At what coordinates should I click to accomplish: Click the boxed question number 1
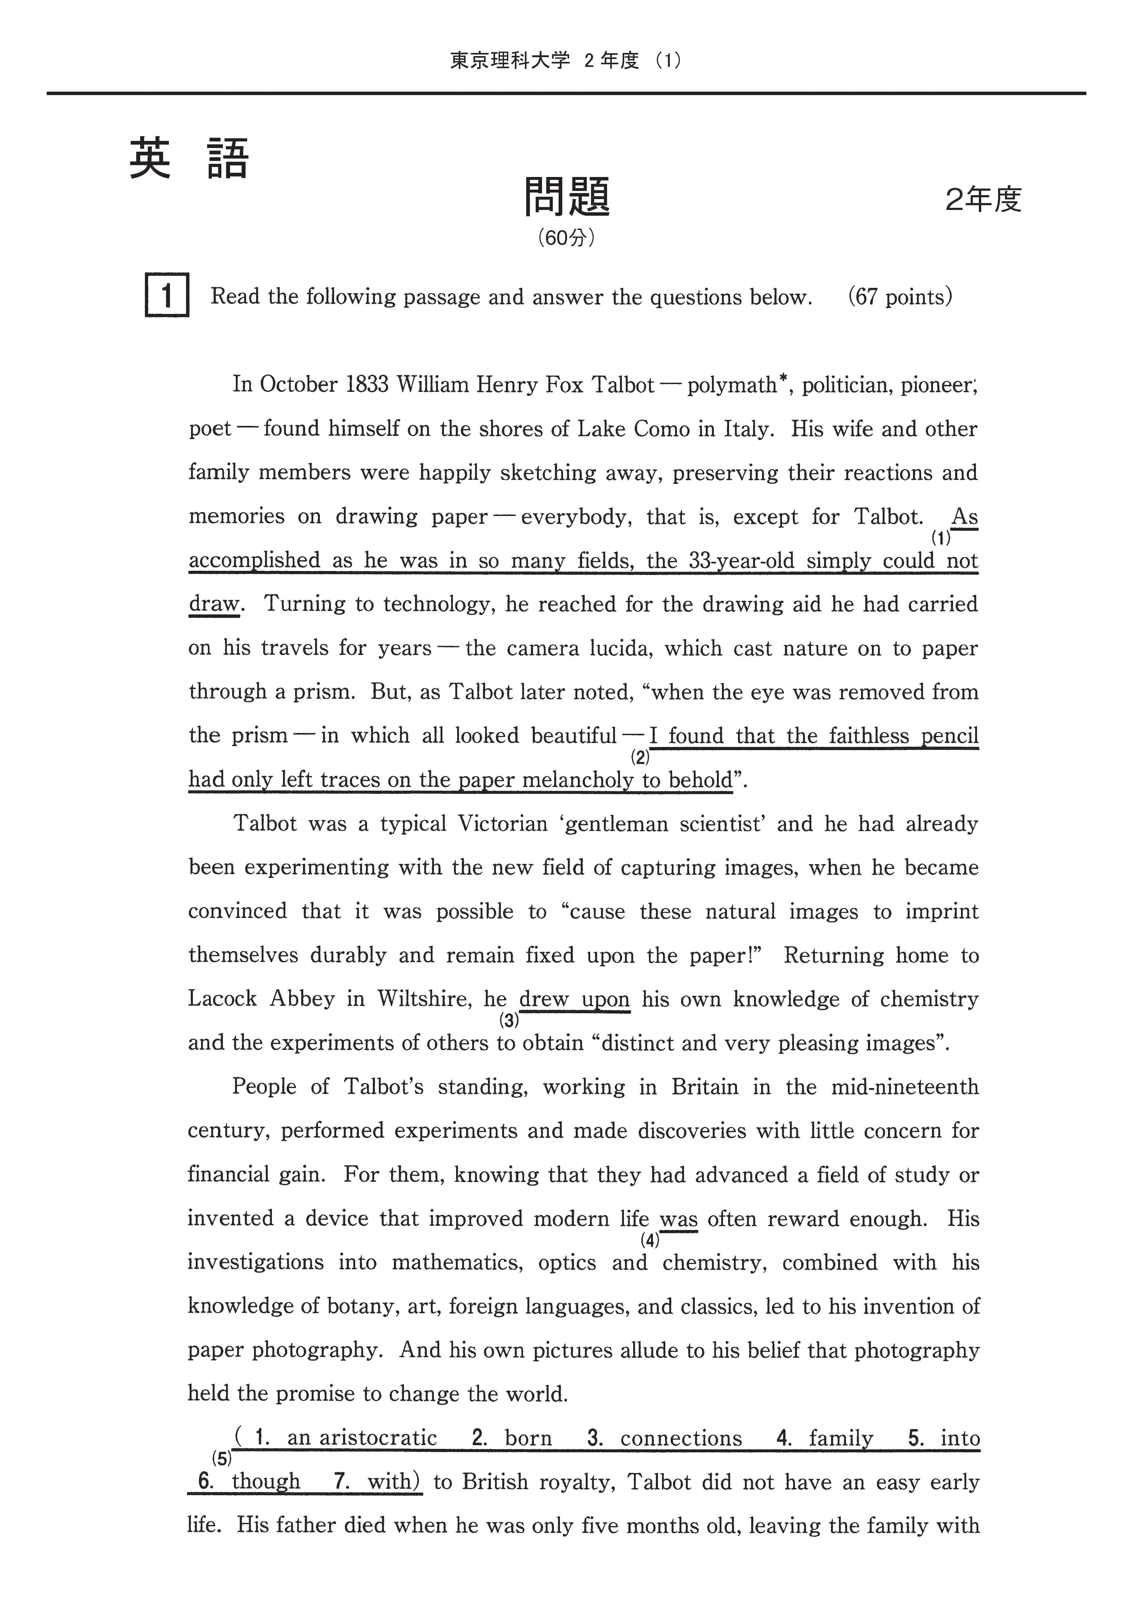click(x=167, y=296)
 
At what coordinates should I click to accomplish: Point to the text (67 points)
click(x=900, y=297)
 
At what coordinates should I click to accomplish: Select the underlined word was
click(x=679, y=1219)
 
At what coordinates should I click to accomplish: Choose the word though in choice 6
click(x=266, y=1481)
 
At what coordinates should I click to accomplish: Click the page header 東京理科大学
click(x=510, y=61)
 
